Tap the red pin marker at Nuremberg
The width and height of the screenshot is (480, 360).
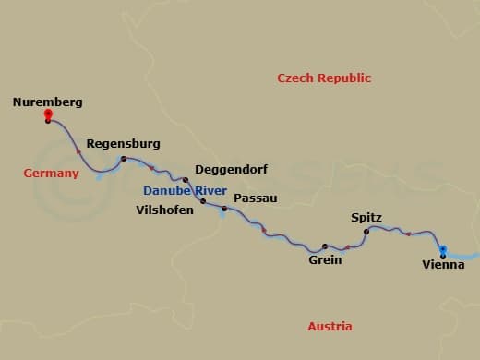(48, 115)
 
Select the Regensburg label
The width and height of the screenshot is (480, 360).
(123, 144)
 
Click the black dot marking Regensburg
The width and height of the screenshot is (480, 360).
(124, 160)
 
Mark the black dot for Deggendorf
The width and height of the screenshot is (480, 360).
(186, 180)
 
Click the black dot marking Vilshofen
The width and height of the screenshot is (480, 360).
(202, 200)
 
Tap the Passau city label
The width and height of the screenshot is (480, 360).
(255, 198)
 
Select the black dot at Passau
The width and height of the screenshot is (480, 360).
(223, 209)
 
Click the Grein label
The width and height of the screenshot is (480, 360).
(325, 260)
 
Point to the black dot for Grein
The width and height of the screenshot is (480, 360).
(324, 246)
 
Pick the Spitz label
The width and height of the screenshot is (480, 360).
(366, 218)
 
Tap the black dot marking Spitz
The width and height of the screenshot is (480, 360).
(366, 231)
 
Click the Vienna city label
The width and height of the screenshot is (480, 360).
(443, 265)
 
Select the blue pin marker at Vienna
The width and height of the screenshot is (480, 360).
(443, 248)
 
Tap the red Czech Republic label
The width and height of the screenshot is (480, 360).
(324, 78)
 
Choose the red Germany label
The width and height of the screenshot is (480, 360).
(51, 173)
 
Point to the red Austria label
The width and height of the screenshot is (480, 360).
(330, 327)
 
